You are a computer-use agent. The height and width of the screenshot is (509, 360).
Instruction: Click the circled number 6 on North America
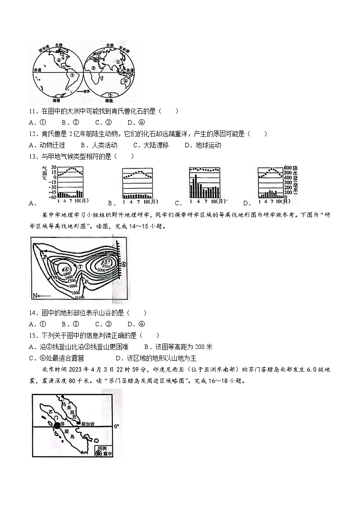(59, 60)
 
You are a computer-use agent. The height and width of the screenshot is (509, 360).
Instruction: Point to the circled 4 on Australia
(126, 81)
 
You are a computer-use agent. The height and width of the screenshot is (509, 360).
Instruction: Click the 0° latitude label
(117, 426)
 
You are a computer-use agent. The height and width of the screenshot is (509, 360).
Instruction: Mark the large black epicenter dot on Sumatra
(57, 426)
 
